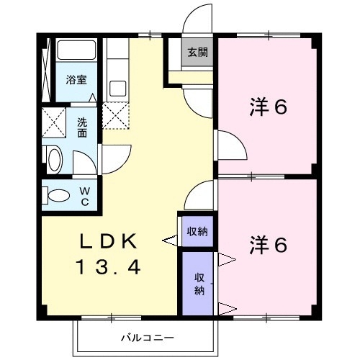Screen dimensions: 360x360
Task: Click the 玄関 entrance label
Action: click(x=197, y=52)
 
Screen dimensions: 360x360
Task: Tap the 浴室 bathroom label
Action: click(x=76, y=80)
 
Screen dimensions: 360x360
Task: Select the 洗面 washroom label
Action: click(x=82, y=127)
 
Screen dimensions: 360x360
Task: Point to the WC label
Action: click(x=85, y=197)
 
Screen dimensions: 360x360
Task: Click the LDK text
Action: click(x=108, y=240)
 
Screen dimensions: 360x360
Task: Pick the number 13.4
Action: click(x=108, y=267)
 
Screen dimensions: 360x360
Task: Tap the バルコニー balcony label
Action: click(x=147, y=338)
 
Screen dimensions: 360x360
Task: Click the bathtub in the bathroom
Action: click(x=76, y=50)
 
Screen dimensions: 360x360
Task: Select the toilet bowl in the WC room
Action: click(x=56, y=195)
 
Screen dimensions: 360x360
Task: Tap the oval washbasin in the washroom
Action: click(x=55, y=159)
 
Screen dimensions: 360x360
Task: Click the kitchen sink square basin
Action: click(x=118, y=89)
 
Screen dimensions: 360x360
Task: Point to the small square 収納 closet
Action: click(x=197, y=231)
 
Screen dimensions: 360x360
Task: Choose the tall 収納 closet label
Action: click(x=199, y=284)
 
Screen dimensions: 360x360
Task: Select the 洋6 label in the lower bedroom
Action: click(x=268, y=245)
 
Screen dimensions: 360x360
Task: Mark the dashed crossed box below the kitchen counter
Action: click(x=116, y=117)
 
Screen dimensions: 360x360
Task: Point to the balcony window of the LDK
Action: click(x=111, y=318)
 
